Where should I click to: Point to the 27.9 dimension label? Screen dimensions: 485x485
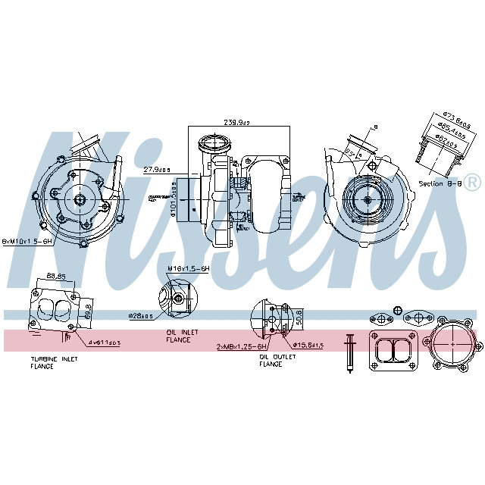(x=157, y=170)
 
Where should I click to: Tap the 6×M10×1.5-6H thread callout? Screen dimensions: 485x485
(x=27, y=240)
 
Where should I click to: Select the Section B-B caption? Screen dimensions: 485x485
(x=436, y=183)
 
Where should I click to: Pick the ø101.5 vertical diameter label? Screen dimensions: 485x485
(x=174, y=198)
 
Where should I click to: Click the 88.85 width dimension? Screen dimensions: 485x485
(x=55, y=275)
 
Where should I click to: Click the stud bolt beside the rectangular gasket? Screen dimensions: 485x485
(x=349, y=352)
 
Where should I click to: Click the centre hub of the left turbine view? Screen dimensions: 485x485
(x=80, y=199)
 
